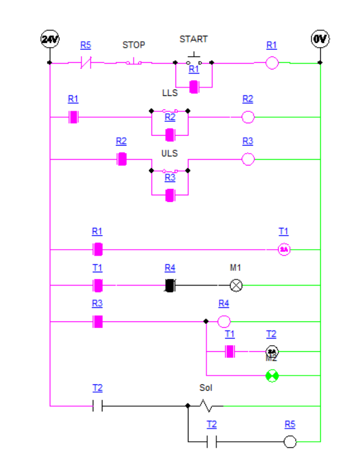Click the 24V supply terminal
click(x=50, y=39)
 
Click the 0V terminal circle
click(x=320, y=39)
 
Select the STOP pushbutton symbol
click(x=134, y=63)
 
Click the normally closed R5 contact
click(x=86, y=63)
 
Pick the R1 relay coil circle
click(x=271, y=64)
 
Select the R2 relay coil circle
click(x=247, y=117)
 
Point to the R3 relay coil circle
click(x=247, y=159)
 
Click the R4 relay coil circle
click(x=224, y=321)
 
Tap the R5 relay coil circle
click(x=290, y=442)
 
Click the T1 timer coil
click(x=283, y=250)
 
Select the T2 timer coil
click(x=272, y=351)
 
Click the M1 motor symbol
click(x=236, y=286)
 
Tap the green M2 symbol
click(x=272, y=376)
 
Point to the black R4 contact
click(x=170, y=286)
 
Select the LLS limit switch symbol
click(x=170, y=111)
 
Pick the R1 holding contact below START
click(x=194, y=86)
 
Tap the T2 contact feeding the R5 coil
click(x=212, y=442)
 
